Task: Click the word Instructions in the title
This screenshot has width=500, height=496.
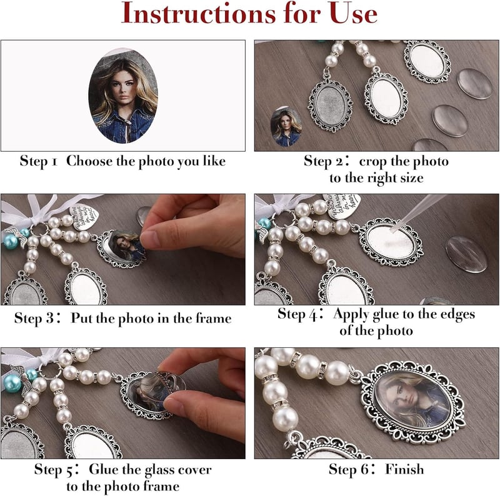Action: [198, 13]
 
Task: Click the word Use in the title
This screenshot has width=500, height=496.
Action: [353, 13]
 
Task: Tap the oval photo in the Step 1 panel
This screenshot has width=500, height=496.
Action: [123, 96]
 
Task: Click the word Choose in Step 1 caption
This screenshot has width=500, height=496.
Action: [89, 161]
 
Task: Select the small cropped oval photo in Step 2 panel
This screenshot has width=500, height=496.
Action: [286, 127]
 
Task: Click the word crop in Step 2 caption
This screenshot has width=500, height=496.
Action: [373, 162]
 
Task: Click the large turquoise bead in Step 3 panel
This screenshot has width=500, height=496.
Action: [11, 241]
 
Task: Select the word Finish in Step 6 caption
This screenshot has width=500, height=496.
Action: [404, 469]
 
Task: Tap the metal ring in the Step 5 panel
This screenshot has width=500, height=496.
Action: [49, 371]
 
